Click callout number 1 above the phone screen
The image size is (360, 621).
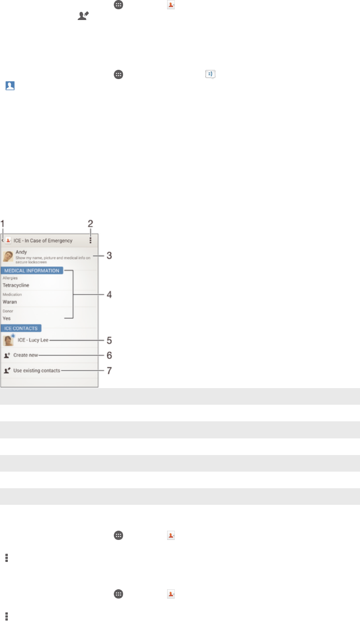tap(2, 224)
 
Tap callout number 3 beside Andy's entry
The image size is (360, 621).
tap(109, 256)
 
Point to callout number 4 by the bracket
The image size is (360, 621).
tap(109, 294)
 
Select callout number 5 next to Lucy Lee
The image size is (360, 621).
tap(109, 340)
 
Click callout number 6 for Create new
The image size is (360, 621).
tap(109, 355)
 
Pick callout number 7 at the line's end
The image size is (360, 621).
tap(109, 371)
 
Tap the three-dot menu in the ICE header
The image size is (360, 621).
tap(90, 240)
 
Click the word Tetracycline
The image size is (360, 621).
tap(16, 285)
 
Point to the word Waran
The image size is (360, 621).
tap(10, 302)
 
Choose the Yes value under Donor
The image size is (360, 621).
tap(7, 318)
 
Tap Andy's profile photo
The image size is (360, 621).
tap(8, 256)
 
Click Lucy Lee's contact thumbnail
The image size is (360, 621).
tap(8, 340)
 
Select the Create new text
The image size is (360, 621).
tap(26, 355)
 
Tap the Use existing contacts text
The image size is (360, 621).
tap(37, 371)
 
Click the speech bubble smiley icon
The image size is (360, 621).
tap(211, 75)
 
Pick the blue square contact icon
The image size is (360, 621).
tap(10, 85)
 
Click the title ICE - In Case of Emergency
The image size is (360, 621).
tap(42, 241)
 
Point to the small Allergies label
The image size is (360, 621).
tap(10, 278)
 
